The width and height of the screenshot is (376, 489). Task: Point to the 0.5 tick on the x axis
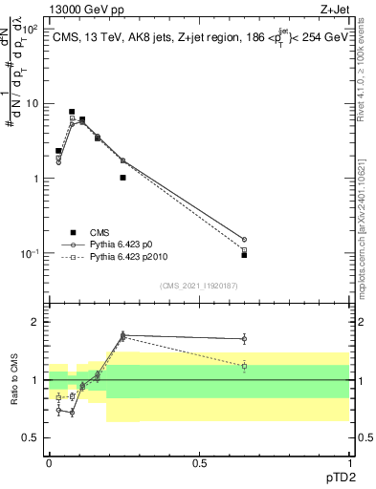[x=199, y=462]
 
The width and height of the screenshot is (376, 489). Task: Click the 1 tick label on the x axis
[x=349, y=462]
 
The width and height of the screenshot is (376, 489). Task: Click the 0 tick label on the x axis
[x=49, y=462]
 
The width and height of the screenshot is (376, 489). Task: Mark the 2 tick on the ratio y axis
[x=34, y=322]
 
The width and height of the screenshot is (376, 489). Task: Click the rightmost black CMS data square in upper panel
[x=244, y=255]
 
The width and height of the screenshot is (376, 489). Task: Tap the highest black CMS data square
[x=72, y=112]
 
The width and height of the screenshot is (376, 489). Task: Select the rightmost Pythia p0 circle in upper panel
[x=244, y=240]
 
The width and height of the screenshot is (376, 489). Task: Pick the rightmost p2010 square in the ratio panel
[x=244, y=366]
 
